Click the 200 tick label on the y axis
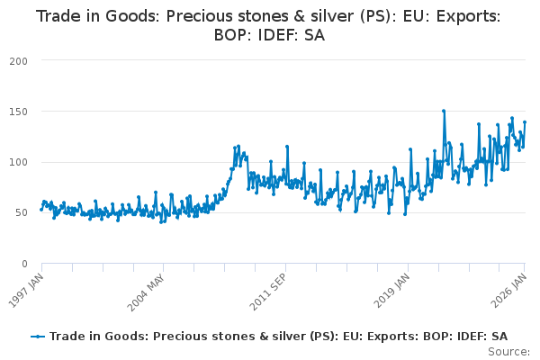pos(20,60)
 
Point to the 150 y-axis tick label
pos(20,112)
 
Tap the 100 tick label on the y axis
pos(20,162)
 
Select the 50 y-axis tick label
pos(22,213)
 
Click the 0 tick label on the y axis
pos(26,264)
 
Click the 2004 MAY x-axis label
pos(149,291)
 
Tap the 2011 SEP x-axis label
pos(271,291)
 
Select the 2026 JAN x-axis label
pos(513,291)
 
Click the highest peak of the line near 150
pos(444,111)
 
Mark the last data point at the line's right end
pos(525,122)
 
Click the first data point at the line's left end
pos(41,209)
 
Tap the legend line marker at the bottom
pos(38,336)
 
